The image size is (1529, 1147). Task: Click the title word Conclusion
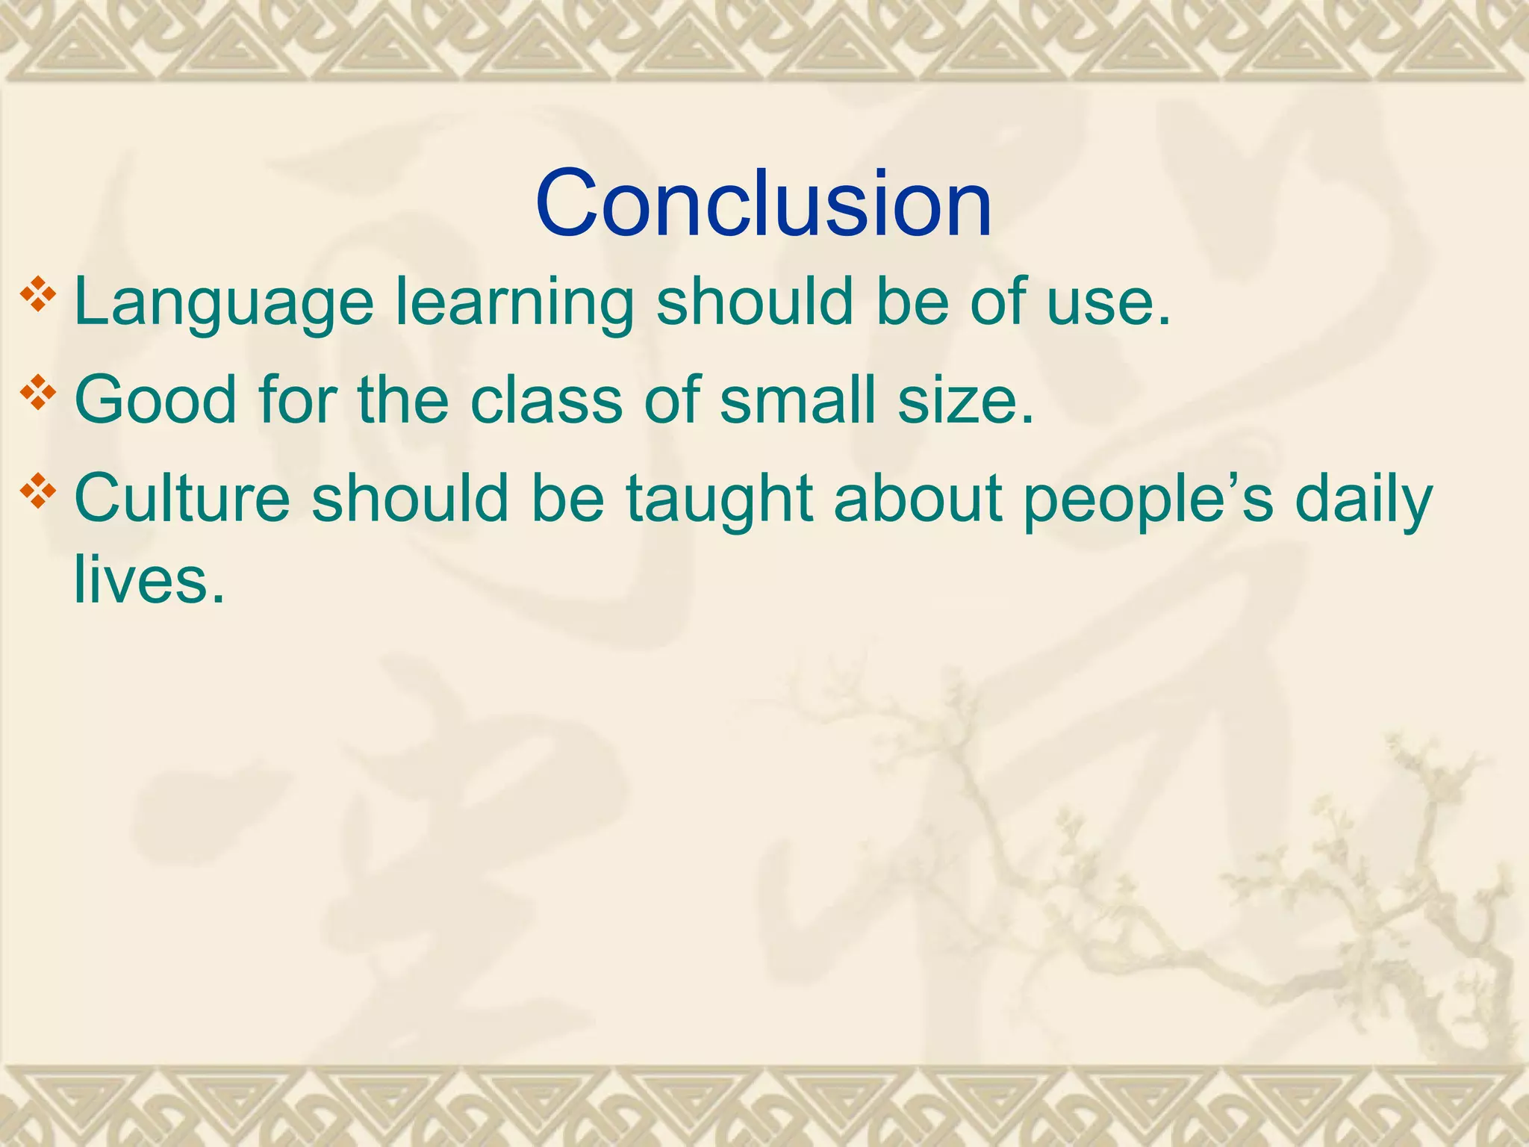coord(763,204)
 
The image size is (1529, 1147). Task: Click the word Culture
coord(182,499)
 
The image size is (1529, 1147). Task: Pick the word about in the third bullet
coord(918,499)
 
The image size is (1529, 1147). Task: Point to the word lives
coord(149,580)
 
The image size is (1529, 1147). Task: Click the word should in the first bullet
coord(755,302)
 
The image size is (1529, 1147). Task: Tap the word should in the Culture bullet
coord(410,499)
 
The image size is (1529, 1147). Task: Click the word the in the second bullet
coord(404,401)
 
